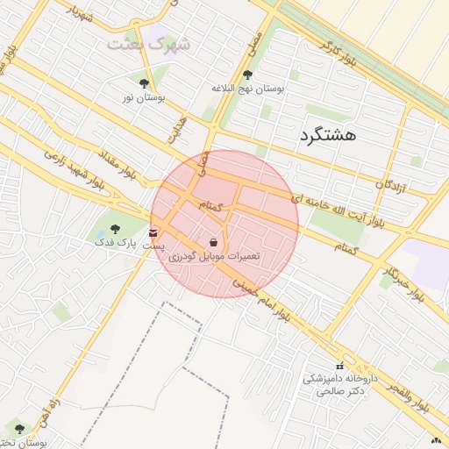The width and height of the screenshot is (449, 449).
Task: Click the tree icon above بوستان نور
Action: (144, 84)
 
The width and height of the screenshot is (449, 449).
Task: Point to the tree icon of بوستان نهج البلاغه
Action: (247, 75)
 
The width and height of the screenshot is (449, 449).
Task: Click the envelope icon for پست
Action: (154, 232)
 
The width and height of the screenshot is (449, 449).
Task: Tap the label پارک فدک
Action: (116, 242)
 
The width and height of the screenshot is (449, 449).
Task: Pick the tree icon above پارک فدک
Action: (115, 228)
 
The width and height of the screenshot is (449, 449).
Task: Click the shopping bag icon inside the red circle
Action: (215, 241)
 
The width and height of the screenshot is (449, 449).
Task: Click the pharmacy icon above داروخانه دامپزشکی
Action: (339, 366)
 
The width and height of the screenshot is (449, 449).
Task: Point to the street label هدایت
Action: (178, 131)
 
